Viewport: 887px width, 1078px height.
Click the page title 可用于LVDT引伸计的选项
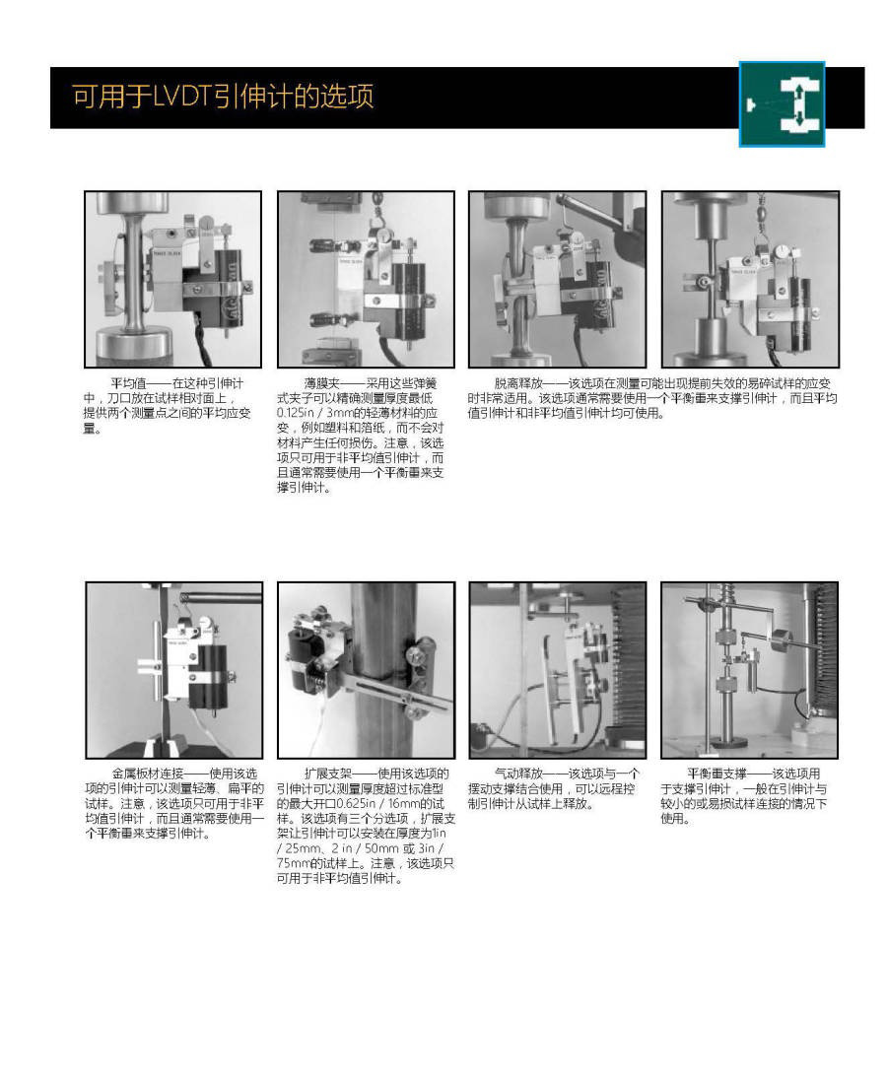coord(223,97)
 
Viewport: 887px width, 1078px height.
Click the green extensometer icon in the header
coord(782,104)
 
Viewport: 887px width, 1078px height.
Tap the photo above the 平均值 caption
coord(172,280)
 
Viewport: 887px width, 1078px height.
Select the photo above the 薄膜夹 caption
coord(366,280)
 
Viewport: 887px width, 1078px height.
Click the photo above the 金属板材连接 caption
coord(174,669)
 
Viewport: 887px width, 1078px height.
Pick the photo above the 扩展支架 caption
coord(366,669)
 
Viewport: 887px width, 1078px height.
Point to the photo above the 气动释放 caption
coord(557,669)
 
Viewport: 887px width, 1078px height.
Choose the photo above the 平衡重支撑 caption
coord(749,669)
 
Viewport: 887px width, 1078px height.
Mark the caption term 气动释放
coord(518,774)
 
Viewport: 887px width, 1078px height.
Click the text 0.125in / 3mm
coord(315,414)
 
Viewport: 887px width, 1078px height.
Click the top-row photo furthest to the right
coord(749,280)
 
